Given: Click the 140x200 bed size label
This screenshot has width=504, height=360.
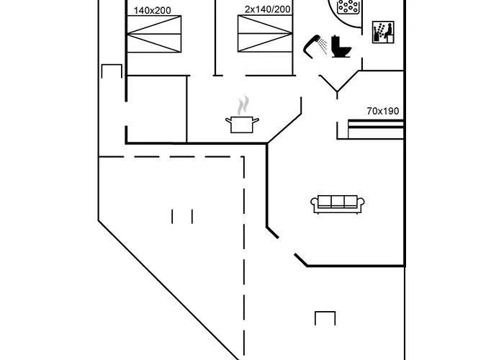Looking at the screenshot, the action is click(152, 11).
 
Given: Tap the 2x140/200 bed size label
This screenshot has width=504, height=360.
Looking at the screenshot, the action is click(267, 9).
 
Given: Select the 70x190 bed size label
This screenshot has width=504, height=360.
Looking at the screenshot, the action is click(383, 111).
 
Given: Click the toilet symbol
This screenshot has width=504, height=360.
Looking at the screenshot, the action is click(341, 47).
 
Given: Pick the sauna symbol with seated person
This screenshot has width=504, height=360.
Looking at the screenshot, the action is click(383, 32).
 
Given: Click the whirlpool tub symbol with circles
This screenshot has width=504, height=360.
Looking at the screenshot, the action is click(348, 6).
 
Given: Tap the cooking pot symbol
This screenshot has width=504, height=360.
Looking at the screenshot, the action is click(242, 125).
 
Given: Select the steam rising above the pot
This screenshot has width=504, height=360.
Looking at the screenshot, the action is click(243, 105).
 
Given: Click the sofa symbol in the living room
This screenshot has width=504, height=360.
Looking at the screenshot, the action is click(338, 204).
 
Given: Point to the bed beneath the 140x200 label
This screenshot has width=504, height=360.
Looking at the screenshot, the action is click(154, 34).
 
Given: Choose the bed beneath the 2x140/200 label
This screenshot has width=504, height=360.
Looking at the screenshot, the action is click(265, 33).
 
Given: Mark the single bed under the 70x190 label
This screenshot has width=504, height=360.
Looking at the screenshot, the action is click(376, 129).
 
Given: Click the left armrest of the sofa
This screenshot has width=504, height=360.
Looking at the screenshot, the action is click(315, 204).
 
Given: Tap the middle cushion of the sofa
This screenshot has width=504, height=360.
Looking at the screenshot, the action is click(338, 202).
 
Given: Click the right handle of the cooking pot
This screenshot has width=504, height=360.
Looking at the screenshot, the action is click(256, 121).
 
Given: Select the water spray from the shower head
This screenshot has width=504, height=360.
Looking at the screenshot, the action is click(323, 45).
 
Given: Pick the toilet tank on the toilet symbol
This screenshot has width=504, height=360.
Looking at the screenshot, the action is click(336, 42).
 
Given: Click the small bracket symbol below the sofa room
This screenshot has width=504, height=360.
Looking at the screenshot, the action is click(325, 318).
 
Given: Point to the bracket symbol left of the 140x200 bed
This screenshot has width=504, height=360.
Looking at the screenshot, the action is click(112, 71).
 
